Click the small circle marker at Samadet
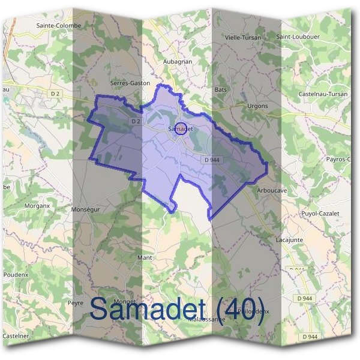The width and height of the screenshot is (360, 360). (x=179, y=128)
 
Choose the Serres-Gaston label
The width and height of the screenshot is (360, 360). (x=130, y=83)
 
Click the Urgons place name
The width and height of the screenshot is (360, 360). (x=257, y=106)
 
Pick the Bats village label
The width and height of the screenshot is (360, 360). (x=220, y=89)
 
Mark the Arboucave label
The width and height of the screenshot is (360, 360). (x=271, y=190)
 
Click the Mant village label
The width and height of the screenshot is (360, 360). (x=145, y=257)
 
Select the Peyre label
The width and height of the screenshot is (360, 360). (x=75, y=303)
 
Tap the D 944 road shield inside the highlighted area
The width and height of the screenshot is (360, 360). (x=211, y=160)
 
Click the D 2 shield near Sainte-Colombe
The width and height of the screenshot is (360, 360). (x=56, y=94)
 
